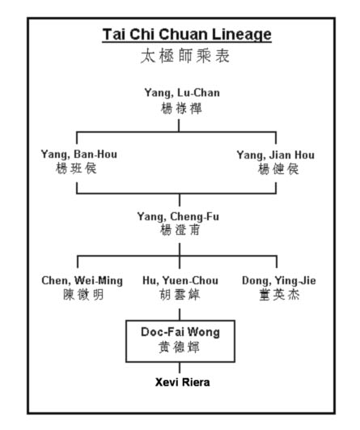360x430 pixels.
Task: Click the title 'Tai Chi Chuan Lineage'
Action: point(187,35)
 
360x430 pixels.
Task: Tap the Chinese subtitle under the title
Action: point(185,56)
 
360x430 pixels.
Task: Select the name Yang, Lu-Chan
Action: point(182,93)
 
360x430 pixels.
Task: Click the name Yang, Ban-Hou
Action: point(79,155)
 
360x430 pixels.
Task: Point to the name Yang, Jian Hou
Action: point(276,155)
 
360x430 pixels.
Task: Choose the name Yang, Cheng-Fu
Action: point(178,217)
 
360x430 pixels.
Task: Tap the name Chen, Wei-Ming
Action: point(83,281)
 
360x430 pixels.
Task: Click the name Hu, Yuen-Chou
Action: point(180,281)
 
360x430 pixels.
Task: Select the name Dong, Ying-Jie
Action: point(279,281)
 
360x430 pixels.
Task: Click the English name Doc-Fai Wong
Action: point(180,332)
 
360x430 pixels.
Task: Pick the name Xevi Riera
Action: point(183,382)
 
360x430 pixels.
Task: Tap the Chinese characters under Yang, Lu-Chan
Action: point(181,109)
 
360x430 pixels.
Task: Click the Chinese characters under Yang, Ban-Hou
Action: point(76,168)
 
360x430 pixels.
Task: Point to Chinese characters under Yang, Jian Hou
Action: point(278,169)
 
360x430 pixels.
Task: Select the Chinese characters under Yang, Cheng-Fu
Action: point(180,230)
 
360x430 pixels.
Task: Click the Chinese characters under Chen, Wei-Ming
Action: point(83,295)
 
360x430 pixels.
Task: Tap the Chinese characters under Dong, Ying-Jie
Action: point(279,295)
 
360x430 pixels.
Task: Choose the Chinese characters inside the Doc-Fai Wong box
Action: point(179,347)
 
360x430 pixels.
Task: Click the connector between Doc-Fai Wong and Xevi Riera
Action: point(180,368)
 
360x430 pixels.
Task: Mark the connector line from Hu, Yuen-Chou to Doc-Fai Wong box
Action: point(180,314)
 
